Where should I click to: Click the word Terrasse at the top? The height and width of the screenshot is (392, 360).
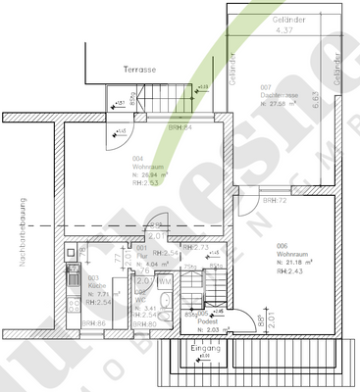(140, 71)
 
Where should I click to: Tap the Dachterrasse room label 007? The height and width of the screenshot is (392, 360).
(266, 87)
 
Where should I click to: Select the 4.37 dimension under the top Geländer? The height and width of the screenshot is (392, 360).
(284, 30)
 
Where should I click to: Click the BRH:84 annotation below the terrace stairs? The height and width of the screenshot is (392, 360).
(180, 127)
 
